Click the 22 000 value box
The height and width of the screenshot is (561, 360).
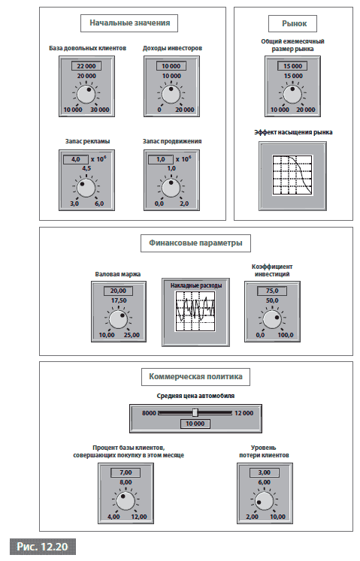(x=86, y=66)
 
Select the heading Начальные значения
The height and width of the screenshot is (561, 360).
(x=129, y=23)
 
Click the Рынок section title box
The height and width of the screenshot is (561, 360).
(x=293, y=23)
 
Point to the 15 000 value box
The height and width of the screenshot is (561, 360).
(x=292, y=66)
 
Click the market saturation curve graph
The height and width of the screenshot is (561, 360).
(x=292, y=175)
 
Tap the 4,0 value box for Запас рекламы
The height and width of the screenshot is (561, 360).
(x=76, y=159)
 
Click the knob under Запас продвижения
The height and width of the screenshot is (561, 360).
(x=171, y=188)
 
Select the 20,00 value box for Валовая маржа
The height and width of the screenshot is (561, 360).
(x=118, y=291)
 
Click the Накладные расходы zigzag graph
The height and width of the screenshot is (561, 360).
(x=195, y=311)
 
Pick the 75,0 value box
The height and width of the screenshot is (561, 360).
(x=272, y=291)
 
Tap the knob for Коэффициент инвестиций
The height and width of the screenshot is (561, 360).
(x=272, y=319)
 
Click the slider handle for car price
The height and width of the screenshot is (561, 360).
(x=195, y=412)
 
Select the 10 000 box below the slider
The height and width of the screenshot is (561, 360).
(x=195, y=424)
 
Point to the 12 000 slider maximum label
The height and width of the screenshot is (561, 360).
(x=244, y=413)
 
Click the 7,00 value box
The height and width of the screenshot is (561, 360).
(x=126, y=472)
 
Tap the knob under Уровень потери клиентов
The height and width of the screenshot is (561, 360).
(x=265, y=501)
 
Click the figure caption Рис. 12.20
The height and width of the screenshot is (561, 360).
(x=43, y=547)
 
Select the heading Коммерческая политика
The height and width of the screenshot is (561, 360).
(x=195, y=377)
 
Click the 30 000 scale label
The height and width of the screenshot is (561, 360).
(x=99, y=110)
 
